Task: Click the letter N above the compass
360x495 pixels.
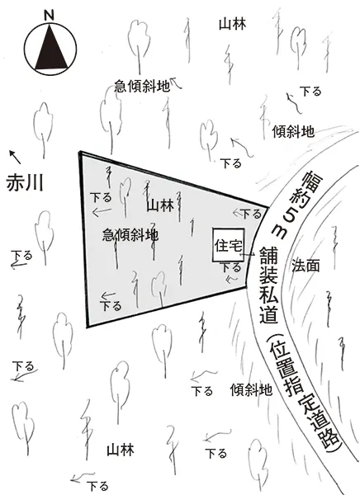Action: tap(49, 16)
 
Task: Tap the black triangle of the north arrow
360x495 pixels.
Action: tap(50, 49)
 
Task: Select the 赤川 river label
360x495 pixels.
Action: tap(25, 182)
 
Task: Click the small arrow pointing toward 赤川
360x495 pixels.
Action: tap(15, 157)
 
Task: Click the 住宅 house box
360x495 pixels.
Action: tap(228, 245)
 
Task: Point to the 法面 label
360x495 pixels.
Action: tap(306, 266)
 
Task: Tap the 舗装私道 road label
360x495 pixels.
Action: tap(268, 285)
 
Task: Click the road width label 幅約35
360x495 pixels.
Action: tap(295, 205)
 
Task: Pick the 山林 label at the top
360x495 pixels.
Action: tap(232, 24)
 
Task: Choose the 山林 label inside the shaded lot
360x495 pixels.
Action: tap(160, 205)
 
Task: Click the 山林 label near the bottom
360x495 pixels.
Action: tap(121, 450)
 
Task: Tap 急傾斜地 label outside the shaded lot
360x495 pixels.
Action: tap(142, 86)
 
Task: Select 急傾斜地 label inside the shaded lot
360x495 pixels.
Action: tap(130, 235)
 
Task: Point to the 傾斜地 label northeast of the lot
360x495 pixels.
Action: tap(293, 131)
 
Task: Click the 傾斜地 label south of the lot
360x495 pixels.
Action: tap(251, 390)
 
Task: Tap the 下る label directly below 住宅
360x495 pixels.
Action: tap(231, 267)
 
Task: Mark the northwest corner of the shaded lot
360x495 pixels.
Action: tap(80, 153)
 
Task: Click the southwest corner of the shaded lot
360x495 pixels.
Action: tap(88, 326)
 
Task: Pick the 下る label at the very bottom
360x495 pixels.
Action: tap(98, 486)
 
